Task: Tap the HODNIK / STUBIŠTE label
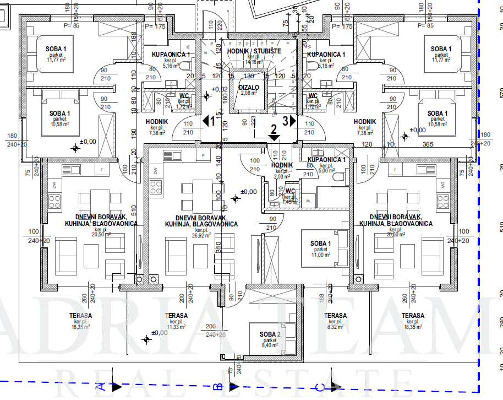pyautogui.click(x=254, y=51)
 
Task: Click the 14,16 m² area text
pyautogui.click(x=253, y=62)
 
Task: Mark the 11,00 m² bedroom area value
pyautogui.click(x=321, y=255)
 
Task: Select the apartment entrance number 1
pyautogui.click(x=212, y=120)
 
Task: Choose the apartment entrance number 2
pyautogui.click(x=273, y=130)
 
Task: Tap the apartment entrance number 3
pyautogui.click(x=286, y=119)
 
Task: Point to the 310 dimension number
pyautogui.click(x=218, y=253)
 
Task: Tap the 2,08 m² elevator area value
pyautogui.click(x=249, y=93)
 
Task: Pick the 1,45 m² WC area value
pyautogui.click(x=290, y=202)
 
